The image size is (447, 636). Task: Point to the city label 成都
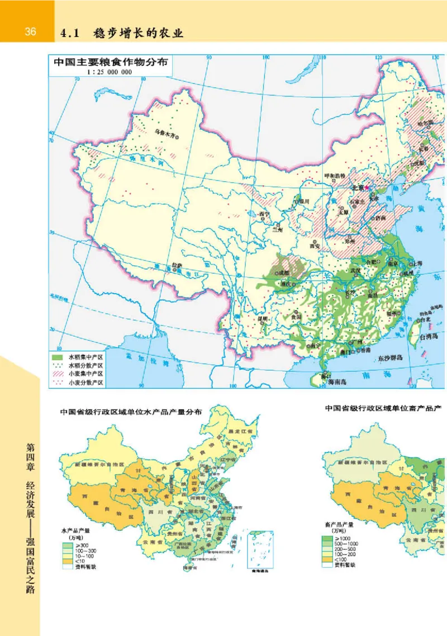pyautogui.click(x=284, y=273)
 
